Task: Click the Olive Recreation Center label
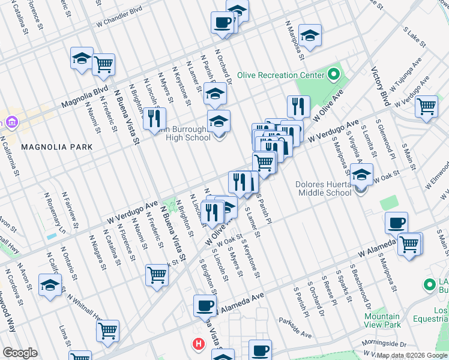pyautogui.click(x=280, y=76)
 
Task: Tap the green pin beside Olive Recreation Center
pyautogui.click(x=334, y=76)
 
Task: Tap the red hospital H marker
pyautogui.click(x=197, y=344)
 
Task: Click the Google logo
pyautogui.click(x=20, y=353)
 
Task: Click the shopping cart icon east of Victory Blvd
pyautogui.click(x=426, y=107)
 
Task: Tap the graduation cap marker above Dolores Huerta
pyautogui.click(x=361, y=175)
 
